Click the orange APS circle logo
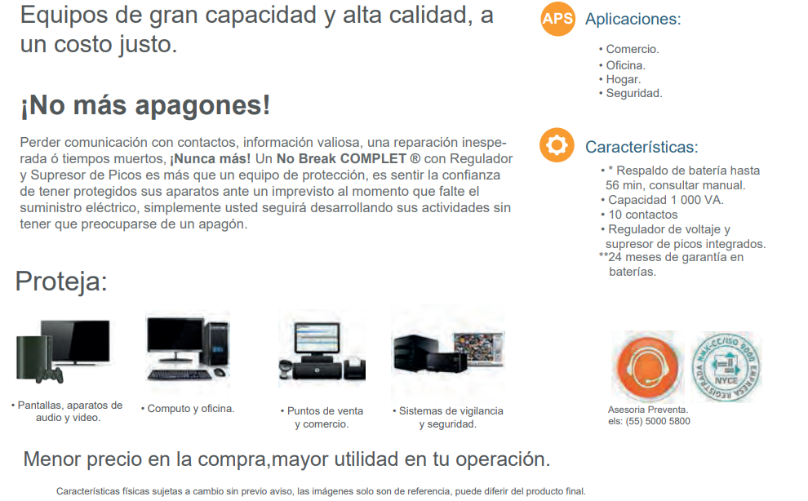(557, 19)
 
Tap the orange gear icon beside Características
(557, 145)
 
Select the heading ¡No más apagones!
(144, 105)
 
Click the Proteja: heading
(61, 282)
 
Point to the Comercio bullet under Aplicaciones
(628, 49)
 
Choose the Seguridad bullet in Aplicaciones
(630, 93)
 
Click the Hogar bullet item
(619, 79)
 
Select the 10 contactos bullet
(639, 215)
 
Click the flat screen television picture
(76, 342)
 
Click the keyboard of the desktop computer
(180, 375)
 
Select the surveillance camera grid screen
(479, 348)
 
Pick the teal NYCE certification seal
(726, 366)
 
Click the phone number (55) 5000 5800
(658, 421)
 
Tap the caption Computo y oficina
(188, 409)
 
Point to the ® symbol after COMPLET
(415, 159)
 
